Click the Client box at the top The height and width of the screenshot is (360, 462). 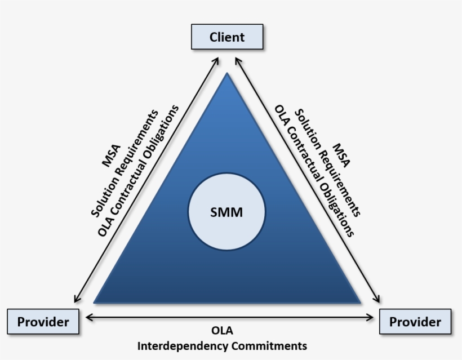[x=227, y=37]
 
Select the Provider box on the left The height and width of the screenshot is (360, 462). [x=43, y=322]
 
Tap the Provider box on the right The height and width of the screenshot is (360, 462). [x=415, y=322]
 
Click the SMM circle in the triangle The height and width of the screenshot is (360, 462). [x=226, y=212]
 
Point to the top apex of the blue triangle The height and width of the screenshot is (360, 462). [x=227, y=74]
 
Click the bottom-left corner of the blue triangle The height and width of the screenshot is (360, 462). [x=95, y=302]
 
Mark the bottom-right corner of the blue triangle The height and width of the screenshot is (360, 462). [x=359, y=302]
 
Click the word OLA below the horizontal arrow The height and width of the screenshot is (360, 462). [x=221, y=330]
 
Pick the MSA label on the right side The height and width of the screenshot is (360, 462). [x=341, y=156]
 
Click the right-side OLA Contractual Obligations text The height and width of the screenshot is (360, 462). [x=314, y=170]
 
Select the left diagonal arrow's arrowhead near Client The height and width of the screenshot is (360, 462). [x=217, y=57]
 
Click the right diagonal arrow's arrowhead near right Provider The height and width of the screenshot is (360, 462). [x=378, y=301]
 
